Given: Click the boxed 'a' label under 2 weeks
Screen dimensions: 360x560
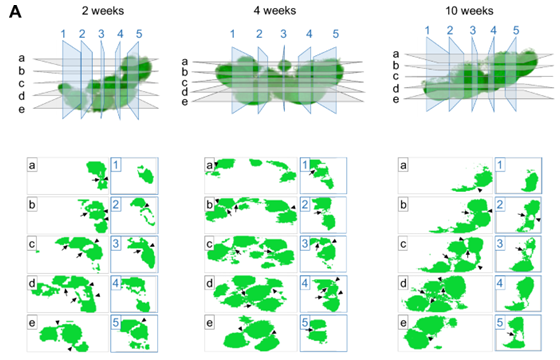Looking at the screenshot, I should coord(33,164).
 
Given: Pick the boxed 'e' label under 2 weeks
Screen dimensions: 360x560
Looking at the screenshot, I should coord(33,322).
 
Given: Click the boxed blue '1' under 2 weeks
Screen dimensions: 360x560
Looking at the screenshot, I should coord(117,164).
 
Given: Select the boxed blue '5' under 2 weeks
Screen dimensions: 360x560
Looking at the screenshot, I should coord(117,322).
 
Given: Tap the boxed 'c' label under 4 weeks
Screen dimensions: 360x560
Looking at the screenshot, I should coord(210,243).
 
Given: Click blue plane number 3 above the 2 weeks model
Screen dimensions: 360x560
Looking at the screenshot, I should coord(101,35).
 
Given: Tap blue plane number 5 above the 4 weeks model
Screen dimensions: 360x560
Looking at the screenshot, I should coord(335,35).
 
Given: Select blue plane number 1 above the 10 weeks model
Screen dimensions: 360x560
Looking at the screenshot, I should coord(429,29).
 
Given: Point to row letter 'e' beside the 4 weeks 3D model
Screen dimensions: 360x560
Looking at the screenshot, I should coord(182,100).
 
